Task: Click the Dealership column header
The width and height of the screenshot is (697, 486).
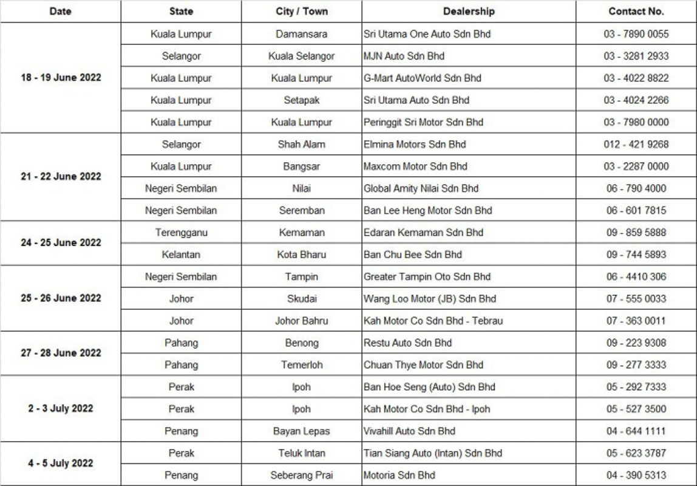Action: [x=469, y=12]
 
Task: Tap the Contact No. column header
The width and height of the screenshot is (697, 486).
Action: [x=636, y=12]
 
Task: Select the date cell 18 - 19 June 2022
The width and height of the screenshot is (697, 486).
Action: [x=61, y=78]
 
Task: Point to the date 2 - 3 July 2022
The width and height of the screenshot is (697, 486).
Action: [x=61, y=409]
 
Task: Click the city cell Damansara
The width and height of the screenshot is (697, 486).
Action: [x=302, y=34]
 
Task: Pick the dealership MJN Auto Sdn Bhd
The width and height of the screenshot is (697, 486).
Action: [x=404, y=56]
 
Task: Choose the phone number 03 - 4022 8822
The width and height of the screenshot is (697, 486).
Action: [x=636, y=78]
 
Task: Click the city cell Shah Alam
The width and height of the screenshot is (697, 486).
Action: [x=302, y=144]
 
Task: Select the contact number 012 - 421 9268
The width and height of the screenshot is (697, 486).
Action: [x=636, y=144]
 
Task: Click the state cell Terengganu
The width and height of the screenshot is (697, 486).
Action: [x=181, y=232]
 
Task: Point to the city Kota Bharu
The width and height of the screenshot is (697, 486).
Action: [x=302, y=255]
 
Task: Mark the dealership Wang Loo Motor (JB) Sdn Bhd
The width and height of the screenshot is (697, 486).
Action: [x=430, y=298]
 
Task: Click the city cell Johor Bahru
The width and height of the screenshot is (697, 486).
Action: [x=302, y=321]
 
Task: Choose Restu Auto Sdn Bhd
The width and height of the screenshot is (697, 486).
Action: [x=407, y=343]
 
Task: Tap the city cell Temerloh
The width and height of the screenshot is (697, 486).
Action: [x=302, y=364]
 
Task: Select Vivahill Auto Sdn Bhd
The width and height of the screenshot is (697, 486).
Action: [x=409, y=431]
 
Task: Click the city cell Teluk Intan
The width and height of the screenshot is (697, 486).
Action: [x=302, y=453]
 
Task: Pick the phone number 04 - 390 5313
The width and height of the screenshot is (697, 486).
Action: [x=636, y=475]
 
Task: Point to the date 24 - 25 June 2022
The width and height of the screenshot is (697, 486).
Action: [x=61, y=243]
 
